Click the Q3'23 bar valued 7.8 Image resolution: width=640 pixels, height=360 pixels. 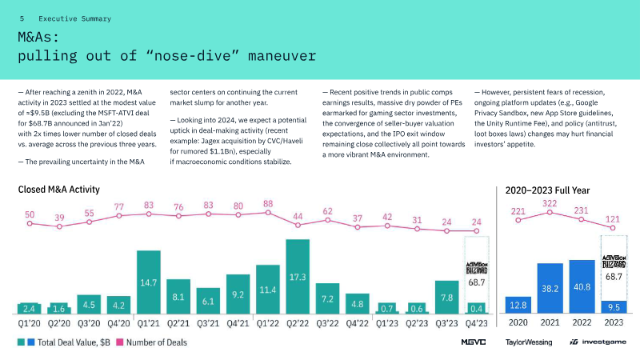(447, 296)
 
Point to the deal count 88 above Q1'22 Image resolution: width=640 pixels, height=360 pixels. (268, 204)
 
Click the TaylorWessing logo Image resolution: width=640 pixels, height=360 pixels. (528, 342)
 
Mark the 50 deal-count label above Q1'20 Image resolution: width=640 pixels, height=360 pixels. (30, 214)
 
